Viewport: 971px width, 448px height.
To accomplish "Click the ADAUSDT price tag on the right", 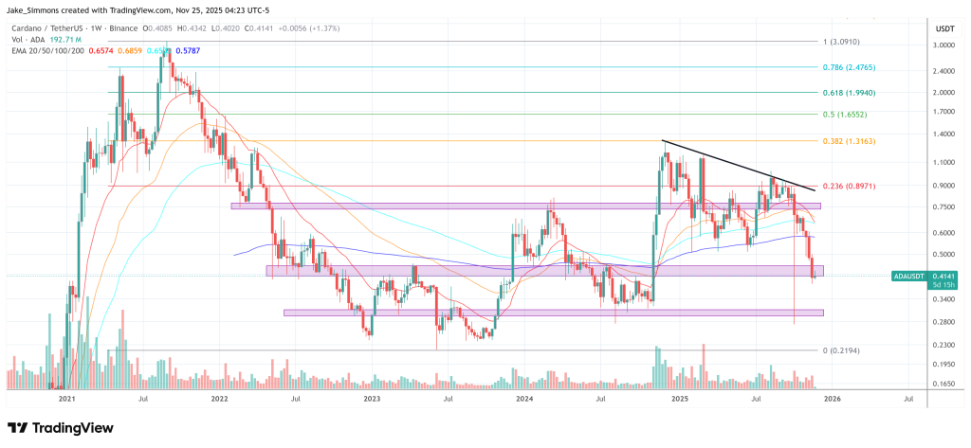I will point(914,276).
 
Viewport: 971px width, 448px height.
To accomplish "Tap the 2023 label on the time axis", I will point(372,400).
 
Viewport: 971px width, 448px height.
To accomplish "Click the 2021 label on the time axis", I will point(66,400).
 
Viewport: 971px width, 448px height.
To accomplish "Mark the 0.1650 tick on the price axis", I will point(942,384).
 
